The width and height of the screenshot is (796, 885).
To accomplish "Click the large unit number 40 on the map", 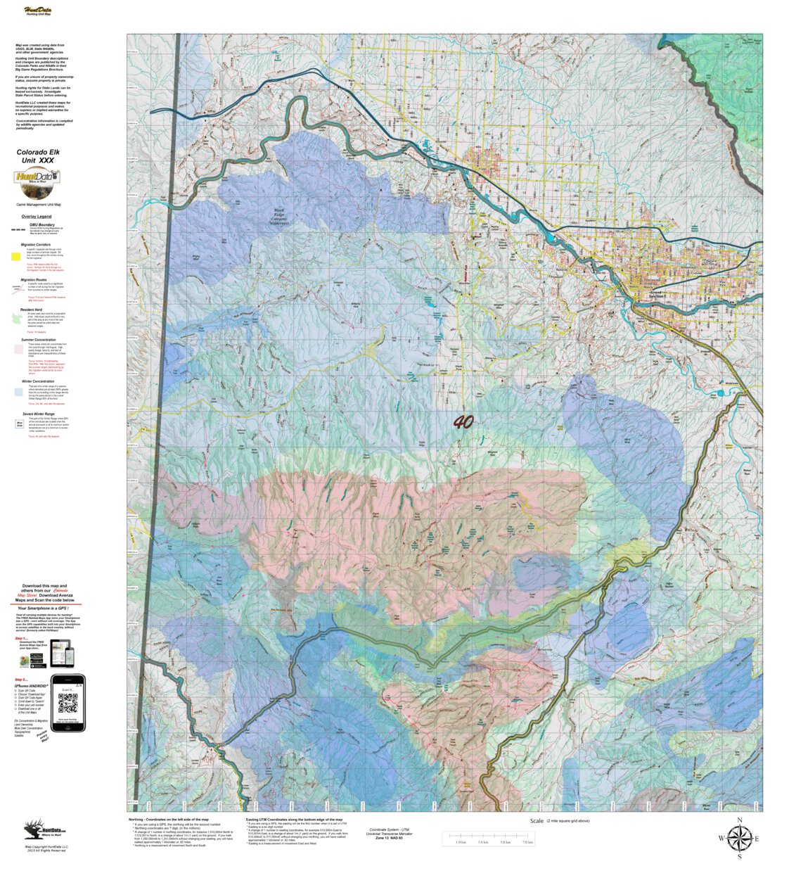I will [463, 422].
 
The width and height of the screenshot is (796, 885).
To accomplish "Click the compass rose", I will [739, 839].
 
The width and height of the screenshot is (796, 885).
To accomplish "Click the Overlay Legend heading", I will [36, 217].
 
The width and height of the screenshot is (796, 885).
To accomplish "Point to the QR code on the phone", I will [68, 703].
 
